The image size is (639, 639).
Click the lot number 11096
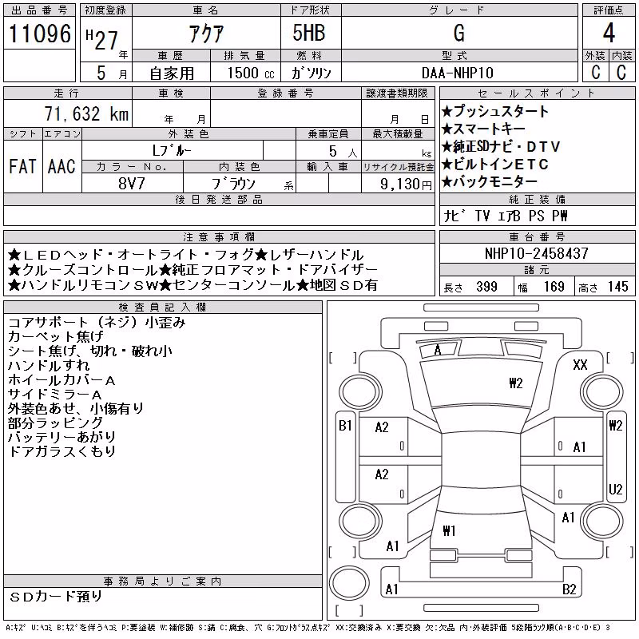39,34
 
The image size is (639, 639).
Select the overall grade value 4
609,33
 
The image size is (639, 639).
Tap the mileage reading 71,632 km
86,113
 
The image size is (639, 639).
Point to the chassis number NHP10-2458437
537,253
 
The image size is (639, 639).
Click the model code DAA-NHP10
457,73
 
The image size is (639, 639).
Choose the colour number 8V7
132,184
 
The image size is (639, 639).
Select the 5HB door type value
309,33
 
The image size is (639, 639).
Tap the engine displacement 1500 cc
251,73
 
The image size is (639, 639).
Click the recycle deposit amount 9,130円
406,185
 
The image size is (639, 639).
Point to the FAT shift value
22,166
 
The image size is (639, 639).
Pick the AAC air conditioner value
62,166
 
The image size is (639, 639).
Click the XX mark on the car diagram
580,364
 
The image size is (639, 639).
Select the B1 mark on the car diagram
345,426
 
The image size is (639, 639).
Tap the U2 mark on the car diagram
615,489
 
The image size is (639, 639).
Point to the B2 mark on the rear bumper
569,589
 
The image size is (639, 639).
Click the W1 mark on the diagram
449,530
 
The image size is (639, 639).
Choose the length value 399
486,287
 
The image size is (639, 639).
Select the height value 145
617,287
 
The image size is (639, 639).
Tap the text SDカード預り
55,597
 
